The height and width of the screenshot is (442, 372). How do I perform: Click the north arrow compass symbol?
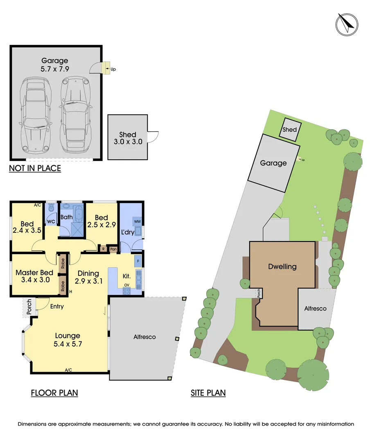pyautogui.click(x=347, y=25)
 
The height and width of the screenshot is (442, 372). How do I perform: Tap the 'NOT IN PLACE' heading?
pyautogui.click(x=35, y=168)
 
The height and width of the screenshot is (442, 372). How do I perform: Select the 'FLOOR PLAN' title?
pyautogui.click(x=54, y=392)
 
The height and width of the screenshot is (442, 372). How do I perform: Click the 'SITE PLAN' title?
pyautogui.click(x=208, y=392)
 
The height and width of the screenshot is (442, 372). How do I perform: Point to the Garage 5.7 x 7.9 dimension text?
pyautogui.click(x=55, y=65)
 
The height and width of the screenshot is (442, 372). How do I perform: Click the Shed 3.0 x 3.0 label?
pyautogui.click(x=128, y=138)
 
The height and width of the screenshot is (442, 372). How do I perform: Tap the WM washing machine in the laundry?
pyautogui.click(x=137, y=221)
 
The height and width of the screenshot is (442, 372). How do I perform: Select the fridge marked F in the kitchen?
pyautogui.click(x=138, y=261)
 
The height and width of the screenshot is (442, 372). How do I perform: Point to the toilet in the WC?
pyautogui.click(x=51, y=207)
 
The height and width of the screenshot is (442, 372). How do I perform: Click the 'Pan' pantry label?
pyautogui.click(x=113, y=249)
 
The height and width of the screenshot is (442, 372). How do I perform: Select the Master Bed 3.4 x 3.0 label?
pyautogui.click(x=35, y=276)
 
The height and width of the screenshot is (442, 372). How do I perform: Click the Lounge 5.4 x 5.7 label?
pyautogui.click(x=68, y=340)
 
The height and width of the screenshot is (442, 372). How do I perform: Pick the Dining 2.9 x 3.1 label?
pyautogui.click(x=88, y=277)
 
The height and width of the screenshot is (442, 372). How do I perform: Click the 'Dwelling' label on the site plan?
pyautogui.click(x=282, y=267)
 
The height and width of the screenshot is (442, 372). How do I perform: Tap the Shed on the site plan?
pyautogui.click(x=290, y=129)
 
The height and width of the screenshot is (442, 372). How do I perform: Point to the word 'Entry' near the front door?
pyautogui.click(x=57, y=307)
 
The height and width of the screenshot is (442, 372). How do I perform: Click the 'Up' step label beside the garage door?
pyautogui.click(x=113, y=69)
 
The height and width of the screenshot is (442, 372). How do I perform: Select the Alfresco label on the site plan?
pyautogui.click(x=316, y=309)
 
